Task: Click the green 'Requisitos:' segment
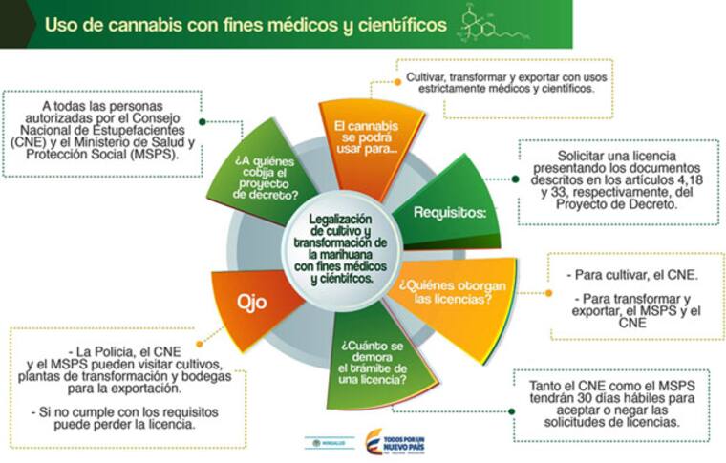(x=449, y=212)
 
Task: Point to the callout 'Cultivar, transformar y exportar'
(x=502, y=81)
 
